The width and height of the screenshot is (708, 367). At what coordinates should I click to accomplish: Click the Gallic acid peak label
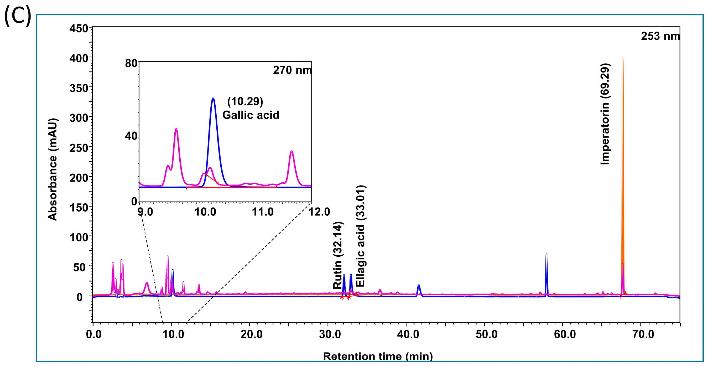[x=250, y=115]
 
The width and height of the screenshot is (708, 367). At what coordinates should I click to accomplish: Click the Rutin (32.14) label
[x=338, y=255]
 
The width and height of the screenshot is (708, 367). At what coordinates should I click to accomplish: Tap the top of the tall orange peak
[x=623, y=59]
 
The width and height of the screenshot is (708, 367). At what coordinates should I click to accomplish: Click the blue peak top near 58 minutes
[x=546, y=255]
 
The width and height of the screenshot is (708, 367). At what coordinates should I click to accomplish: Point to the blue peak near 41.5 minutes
[x=419, y=286]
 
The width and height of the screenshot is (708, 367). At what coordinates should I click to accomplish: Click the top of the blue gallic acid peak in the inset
[x=213, y=99]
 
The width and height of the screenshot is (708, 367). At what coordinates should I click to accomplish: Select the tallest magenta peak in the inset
[x=176, y=129]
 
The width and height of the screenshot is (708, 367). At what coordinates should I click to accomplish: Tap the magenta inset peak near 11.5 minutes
[x=291, y=151]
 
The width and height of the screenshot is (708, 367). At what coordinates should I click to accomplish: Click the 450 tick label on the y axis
[x=79, y=28]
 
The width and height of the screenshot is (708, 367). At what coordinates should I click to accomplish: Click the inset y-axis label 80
[x=131, y=64]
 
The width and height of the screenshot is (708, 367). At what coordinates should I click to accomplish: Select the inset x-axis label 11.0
[x=263, y=212]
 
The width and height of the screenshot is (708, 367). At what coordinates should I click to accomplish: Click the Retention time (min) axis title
[x=378, y=356]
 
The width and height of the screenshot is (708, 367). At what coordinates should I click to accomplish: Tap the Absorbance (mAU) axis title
[x=53, y=169]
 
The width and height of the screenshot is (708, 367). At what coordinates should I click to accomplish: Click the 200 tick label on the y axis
[x=79, y=178]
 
